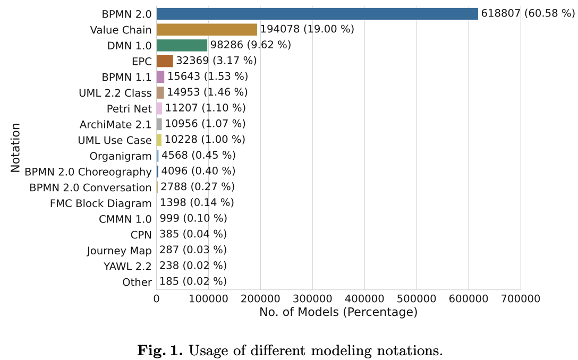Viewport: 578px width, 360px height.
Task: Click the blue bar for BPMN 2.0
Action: pos(317,14)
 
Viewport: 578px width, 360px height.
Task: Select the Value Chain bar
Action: pos(207,30)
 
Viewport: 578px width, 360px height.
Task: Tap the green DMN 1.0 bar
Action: pos(182,45)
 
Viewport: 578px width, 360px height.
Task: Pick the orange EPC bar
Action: pos(165,61)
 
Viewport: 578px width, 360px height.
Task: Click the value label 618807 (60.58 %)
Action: pos(528,13)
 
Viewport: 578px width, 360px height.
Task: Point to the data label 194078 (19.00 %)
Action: pos(307,29)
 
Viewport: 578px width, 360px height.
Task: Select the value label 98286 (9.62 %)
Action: pos(251,45)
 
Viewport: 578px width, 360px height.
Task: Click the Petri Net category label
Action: pos(129,109)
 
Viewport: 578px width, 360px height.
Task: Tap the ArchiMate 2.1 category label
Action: pos(115,125)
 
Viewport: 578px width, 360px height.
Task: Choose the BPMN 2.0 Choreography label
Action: pos(88,172)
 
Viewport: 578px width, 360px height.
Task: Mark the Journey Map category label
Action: pos(120,251)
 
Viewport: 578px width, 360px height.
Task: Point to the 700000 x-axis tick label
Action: pos(520,299)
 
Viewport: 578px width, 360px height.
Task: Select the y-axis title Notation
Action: pos(15,148)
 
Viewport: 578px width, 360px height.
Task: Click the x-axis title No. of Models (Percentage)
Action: pos(338,312)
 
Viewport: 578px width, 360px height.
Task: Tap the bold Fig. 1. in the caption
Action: pos(161,350)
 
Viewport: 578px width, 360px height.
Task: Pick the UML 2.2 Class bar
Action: pos(160,93)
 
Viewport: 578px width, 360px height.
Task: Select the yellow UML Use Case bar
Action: pos(159,140)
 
